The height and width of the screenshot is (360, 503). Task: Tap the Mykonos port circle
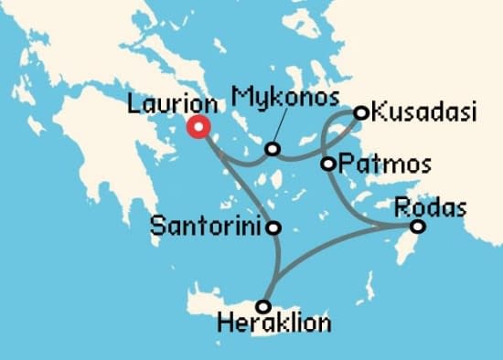coord(272,149)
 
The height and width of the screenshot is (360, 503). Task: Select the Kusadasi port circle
coord(360,113)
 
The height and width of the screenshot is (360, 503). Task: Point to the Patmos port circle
coord(328,164)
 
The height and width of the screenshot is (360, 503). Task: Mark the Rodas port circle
coord(417,227)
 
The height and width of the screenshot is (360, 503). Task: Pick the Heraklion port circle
coord(263,306)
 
